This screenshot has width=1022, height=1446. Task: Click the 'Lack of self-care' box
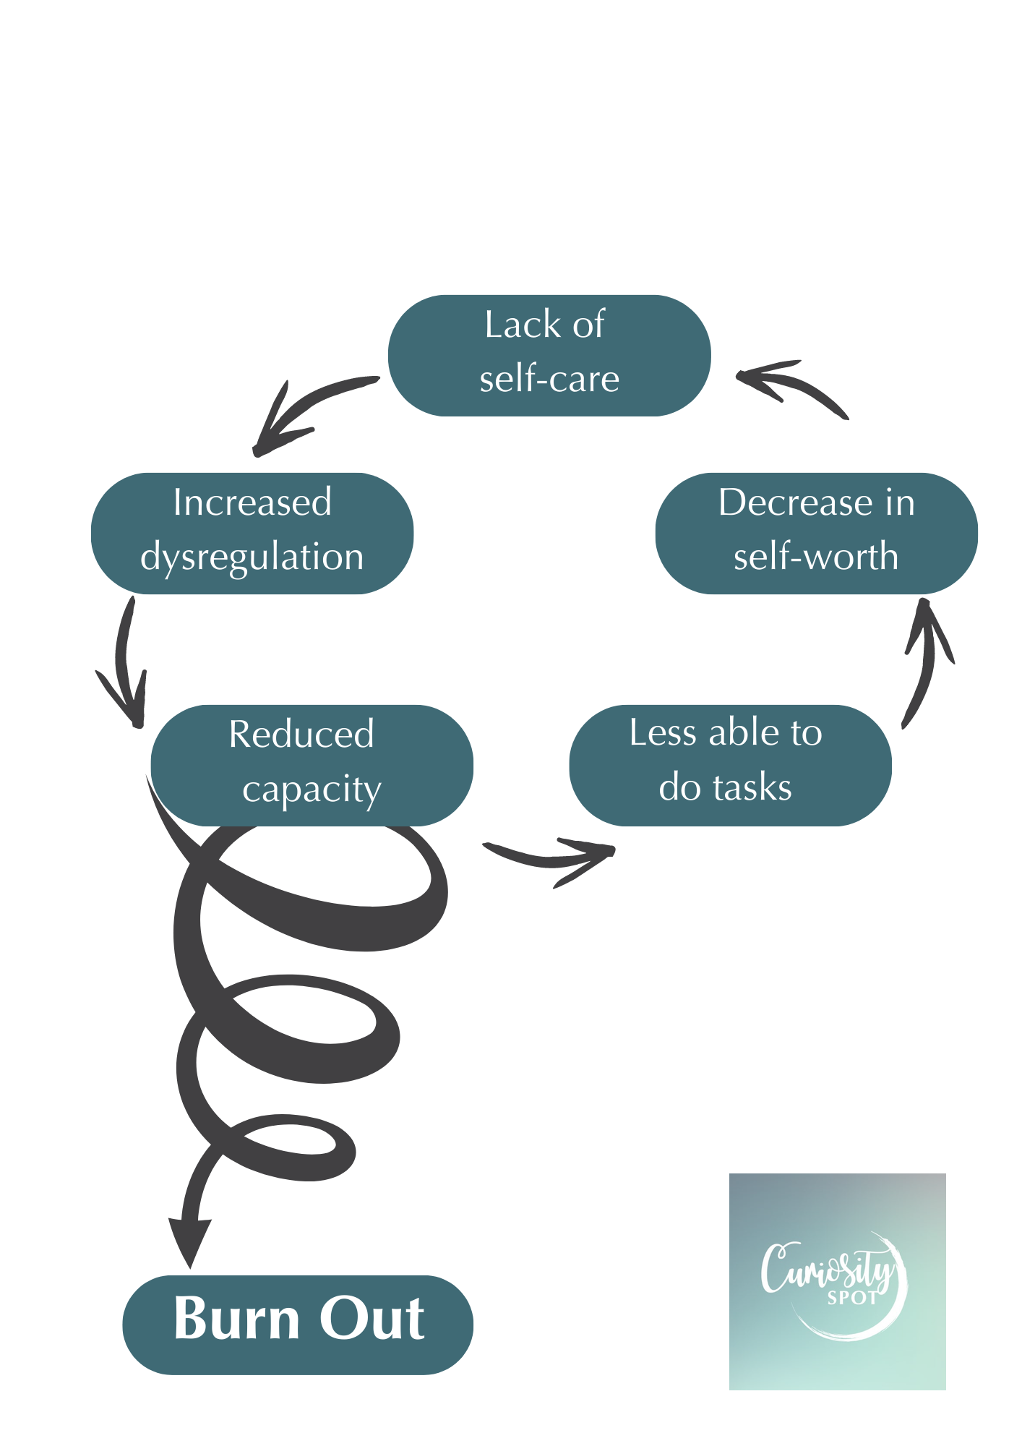pos(549,355)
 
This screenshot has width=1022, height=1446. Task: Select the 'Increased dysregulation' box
pos(252,534)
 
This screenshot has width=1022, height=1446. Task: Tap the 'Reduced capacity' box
pos(312,765)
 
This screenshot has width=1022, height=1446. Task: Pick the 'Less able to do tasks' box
pos(730,765)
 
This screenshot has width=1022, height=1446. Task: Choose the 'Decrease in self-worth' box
pos(816,534)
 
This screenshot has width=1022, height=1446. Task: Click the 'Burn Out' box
pos(298,1325)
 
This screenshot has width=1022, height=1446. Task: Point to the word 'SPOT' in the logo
pos(852,1299)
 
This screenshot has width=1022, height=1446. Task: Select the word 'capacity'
pos(312,790)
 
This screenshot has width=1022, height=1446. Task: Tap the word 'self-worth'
pos(816,557)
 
